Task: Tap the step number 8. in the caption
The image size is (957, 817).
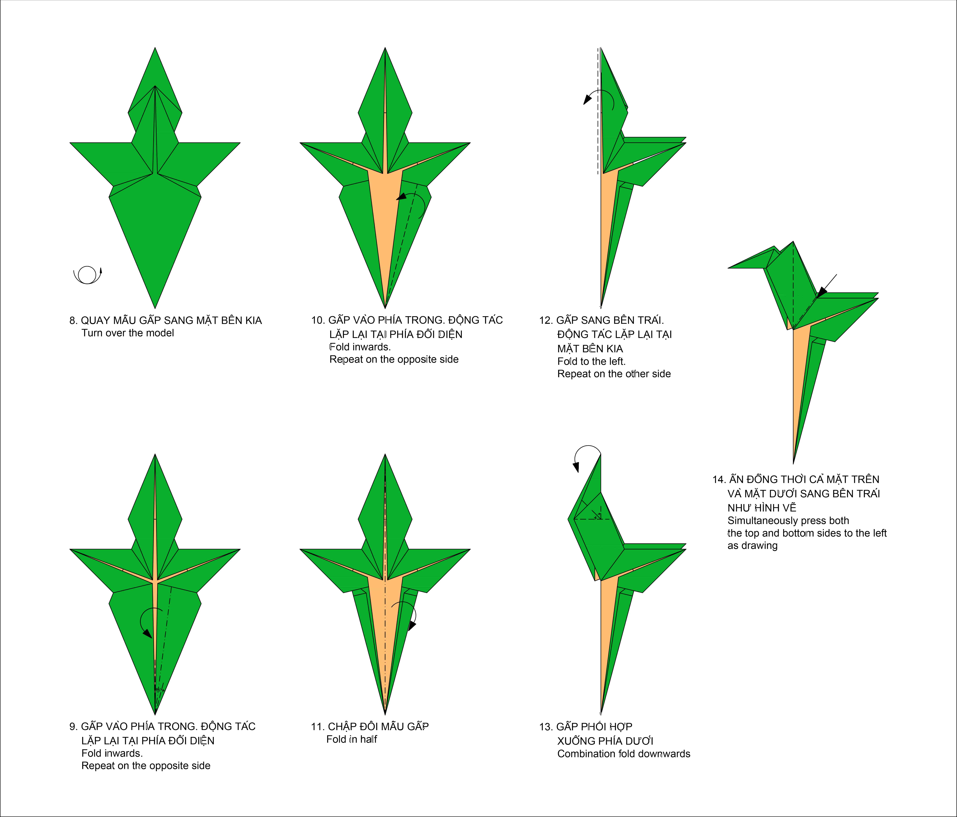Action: (74, 321)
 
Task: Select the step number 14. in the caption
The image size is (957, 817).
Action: (719, 479)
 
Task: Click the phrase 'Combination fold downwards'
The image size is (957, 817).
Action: (624, 754)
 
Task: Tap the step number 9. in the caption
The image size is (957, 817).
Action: (74, 727)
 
